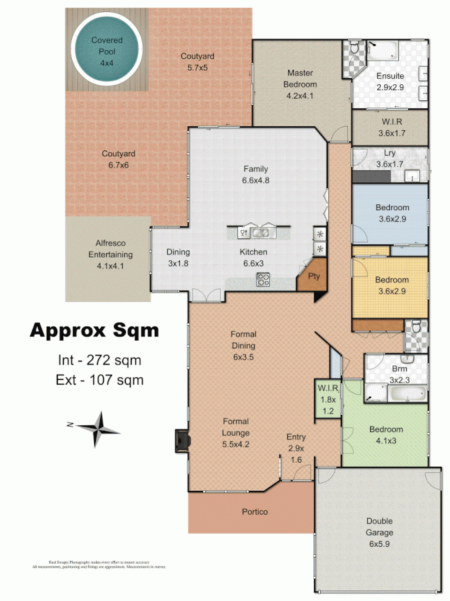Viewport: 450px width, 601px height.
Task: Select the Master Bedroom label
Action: (x=301, y=84)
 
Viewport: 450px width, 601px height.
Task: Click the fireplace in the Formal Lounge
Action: (x=181, y=439)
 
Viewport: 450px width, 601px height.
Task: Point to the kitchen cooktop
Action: (x=263, y=280)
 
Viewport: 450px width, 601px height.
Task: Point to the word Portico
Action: (x=255, y=512)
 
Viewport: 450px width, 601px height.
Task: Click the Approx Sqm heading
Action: (x=94, y=331)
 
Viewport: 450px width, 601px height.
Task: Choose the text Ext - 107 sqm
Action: (x=101, y=380)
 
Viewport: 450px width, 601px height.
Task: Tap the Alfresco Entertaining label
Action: (x=111, y=254)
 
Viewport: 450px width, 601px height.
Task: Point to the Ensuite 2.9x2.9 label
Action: (x=390, y=81)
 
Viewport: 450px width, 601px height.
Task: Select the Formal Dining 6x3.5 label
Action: (x=243, y=345)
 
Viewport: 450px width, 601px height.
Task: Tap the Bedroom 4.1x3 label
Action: (x=386, y=435)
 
